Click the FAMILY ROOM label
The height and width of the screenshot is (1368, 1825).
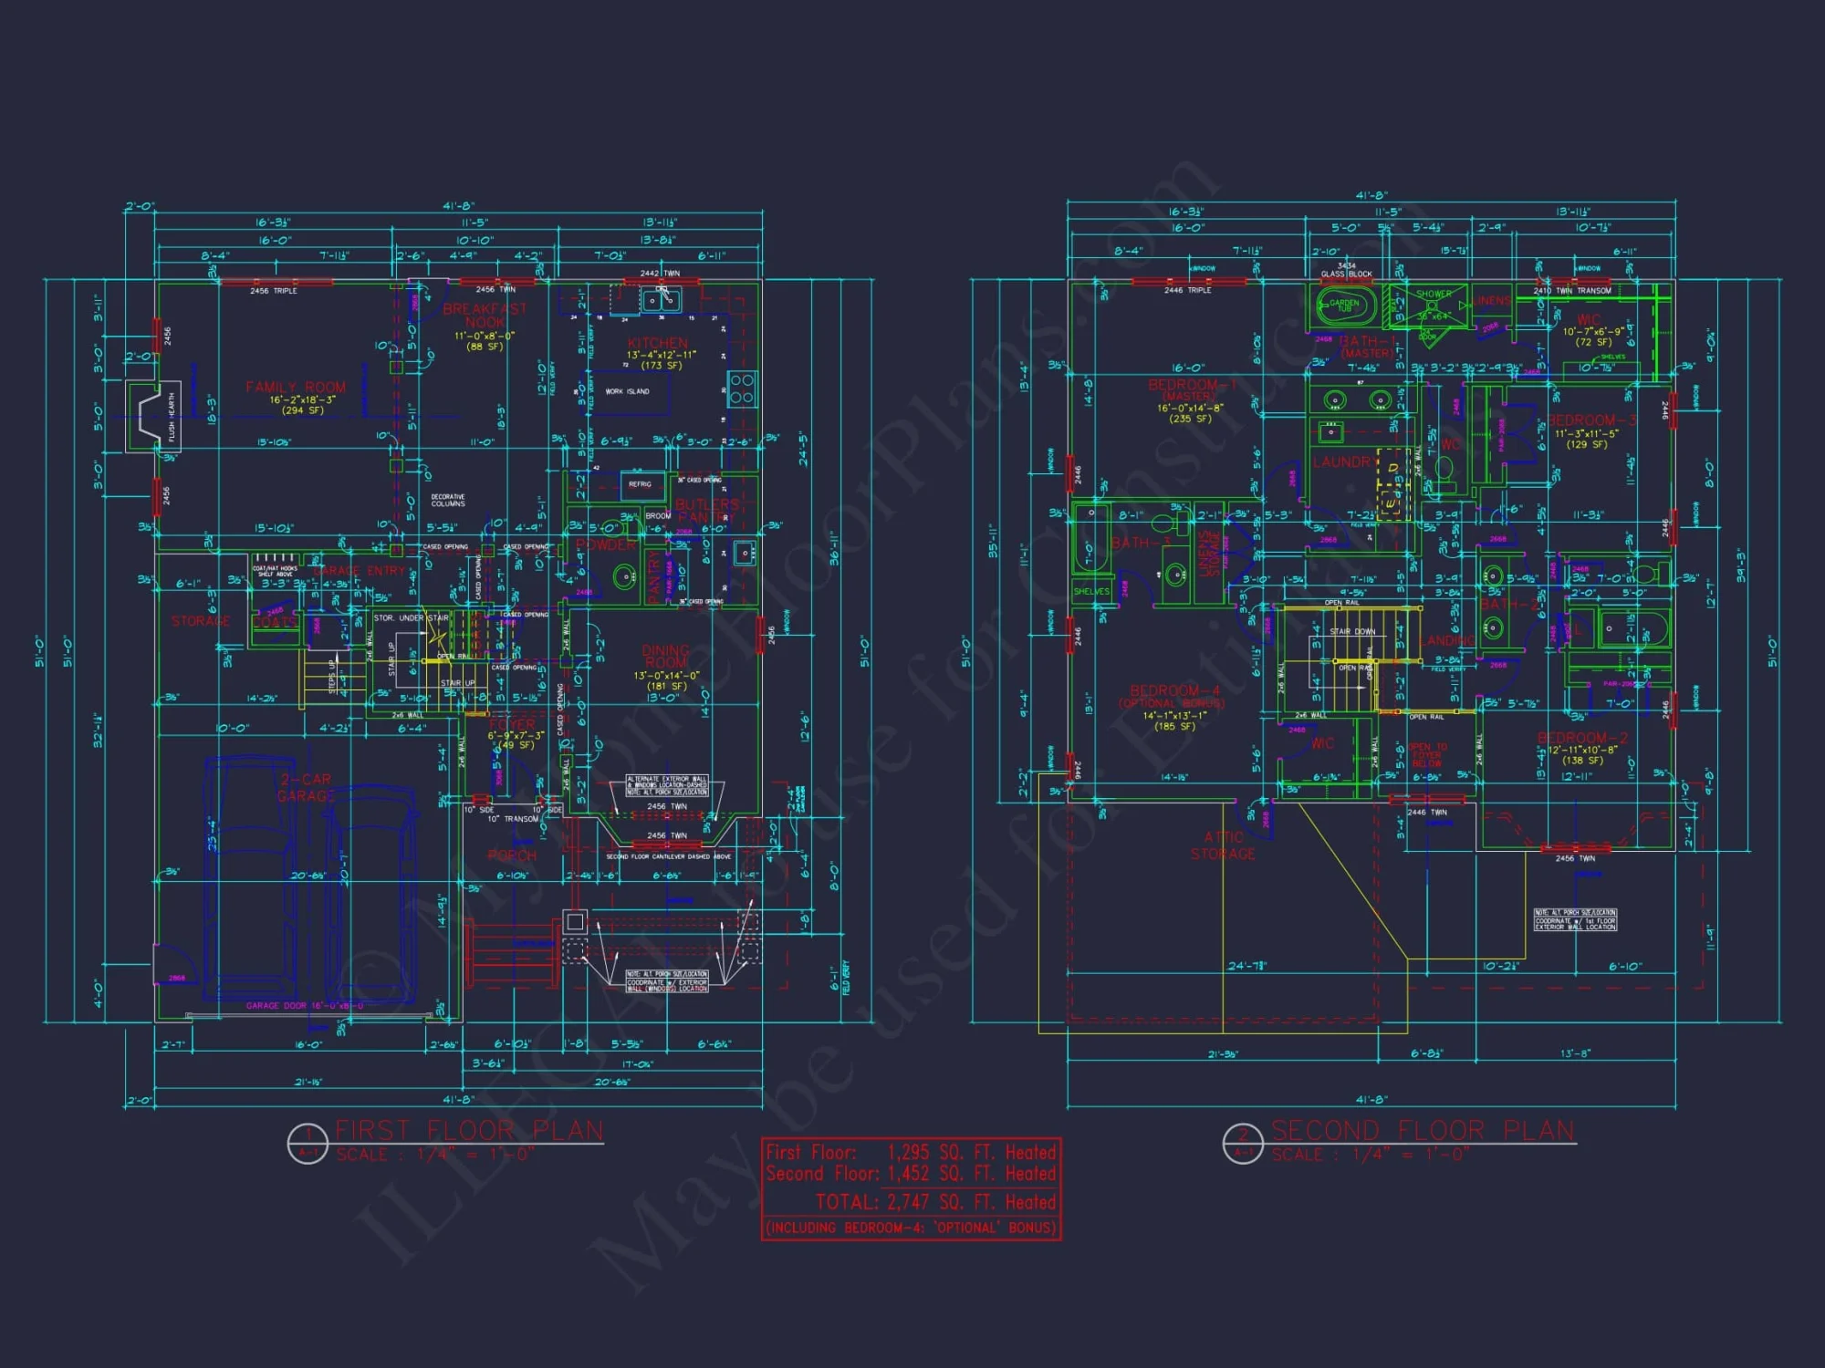[x=295, y=388]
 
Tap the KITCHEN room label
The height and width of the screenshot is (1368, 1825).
[x=657, y=343]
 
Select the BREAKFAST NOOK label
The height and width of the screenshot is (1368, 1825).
[x=485, y=316]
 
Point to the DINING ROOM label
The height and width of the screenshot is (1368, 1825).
[x=666, y=656]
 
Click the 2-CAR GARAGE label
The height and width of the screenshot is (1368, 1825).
[x=305, y=788]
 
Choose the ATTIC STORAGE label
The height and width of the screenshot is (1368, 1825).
[x=1223, y=845]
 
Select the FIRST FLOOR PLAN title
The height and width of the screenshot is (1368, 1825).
[x=469, y=1131]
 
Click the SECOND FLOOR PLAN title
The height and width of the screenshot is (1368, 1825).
[x=1423, y=1131]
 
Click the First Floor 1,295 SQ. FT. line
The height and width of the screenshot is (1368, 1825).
[x=911, y=1152]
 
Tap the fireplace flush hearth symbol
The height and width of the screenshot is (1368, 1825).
[x=152, y=417]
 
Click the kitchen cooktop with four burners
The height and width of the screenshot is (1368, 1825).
[x=741, y=388]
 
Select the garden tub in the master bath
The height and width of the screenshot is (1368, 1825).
[x=1345, y=305]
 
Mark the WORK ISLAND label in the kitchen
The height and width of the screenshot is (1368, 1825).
[x=628, y=391]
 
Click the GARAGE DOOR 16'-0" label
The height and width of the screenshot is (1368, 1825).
[x=305, y=1006]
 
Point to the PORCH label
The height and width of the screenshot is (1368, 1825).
[x=512, y=855]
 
